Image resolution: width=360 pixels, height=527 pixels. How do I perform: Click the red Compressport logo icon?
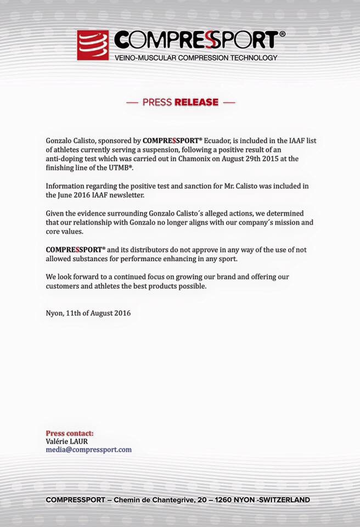pyautogui.click(x=92, y=45)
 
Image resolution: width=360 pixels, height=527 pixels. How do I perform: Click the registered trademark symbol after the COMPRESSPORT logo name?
pyautogui.click(x=282, y=34)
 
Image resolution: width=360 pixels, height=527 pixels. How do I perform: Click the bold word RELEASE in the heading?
pyautogui.click(x=196, y=102)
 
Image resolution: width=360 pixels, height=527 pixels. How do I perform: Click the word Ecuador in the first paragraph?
pyautogui.click(x=218, y=141)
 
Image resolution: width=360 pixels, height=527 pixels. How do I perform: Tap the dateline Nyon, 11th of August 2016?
pyautogui.click(x=88, y=313)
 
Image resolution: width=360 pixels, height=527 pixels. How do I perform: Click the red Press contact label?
pyautogui.click(x=69, y=433)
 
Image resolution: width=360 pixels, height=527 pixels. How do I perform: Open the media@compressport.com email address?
pyautogui.click(x=88, y=449)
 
